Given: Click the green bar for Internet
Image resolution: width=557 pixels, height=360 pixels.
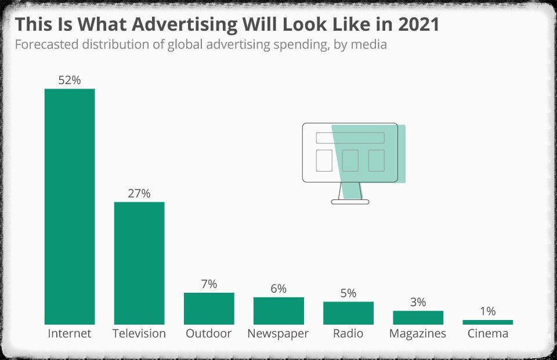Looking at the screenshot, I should pos(70,206).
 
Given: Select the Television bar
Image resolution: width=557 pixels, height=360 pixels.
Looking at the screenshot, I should pos(139,263).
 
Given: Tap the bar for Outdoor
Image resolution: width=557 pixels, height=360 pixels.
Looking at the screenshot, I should pos(209,308).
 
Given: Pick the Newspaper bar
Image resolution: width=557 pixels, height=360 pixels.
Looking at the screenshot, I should pos(278,311).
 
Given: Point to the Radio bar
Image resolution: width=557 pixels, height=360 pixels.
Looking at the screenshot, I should pos(348,313).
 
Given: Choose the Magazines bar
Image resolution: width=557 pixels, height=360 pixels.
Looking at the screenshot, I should pos(418,318).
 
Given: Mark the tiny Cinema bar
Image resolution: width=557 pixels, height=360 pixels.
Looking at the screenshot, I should pos(487,322).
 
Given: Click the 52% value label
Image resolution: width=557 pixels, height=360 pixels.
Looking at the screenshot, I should pos(70,81).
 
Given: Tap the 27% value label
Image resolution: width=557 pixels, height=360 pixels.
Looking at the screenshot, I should pos(139,194).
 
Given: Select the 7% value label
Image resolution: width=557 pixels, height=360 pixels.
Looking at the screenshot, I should pos(209,284).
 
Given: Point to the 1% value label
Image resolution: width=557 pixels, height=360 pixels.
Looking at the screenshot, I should pos(487,312).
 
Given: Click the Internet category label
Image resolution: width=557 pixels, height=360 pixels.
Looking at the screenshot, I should pos(70,334).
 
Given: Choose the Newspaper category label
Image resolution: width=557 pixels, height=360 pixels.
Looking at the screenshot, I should pos(278,334).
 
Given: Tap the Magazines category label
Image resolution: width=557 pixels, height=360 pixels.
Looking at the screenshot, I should pos(418,334).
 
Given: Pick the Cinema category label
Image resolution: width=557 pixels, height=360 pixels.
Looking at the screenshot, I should pos(487,334).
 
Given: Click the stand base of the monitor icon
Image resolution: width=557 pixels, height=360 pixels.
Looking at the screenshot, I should pos(350,202).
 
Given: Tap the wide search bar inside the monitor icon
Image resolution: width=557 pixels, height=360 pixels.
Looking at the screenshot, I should pos(350,138).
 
